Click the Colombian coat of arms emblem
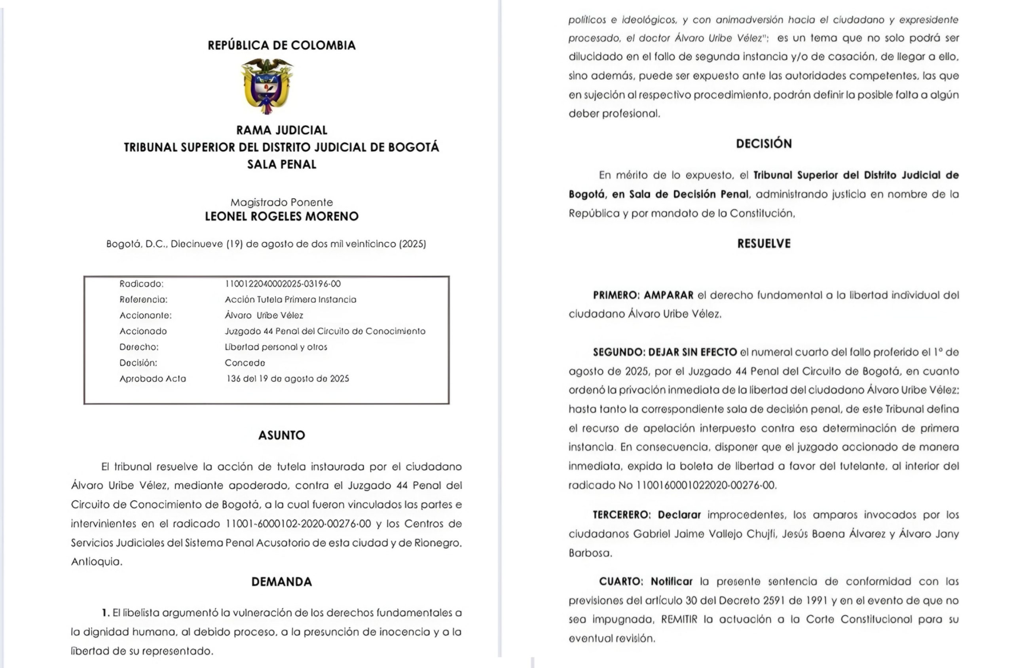tap(267, 87)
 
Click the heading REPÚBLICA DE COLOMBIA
tap(281, 45)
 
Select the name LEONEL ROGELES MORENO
tap(281, 216)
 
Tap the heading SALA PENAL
tap(281, 165)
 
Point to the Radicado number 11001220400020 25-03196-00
tap(283, 284)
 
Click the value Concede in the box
tap(245, 363)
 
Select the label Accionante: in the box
tap(145, 316)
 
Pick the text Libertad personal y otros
tap(276, 347)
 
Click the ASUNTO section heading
tap(281, 435)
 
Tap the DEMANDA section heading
tap(281, 582)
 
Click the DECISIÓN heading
tap(764, 144)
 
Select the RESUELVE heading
tap(764, 244)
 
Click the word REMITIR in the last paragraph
tap(679, 619)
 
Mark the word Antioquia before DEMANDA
tap(96, 562)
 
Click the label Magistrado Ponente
tap(281, 202)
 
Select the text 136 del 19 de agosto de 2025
tap(288, 379)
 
